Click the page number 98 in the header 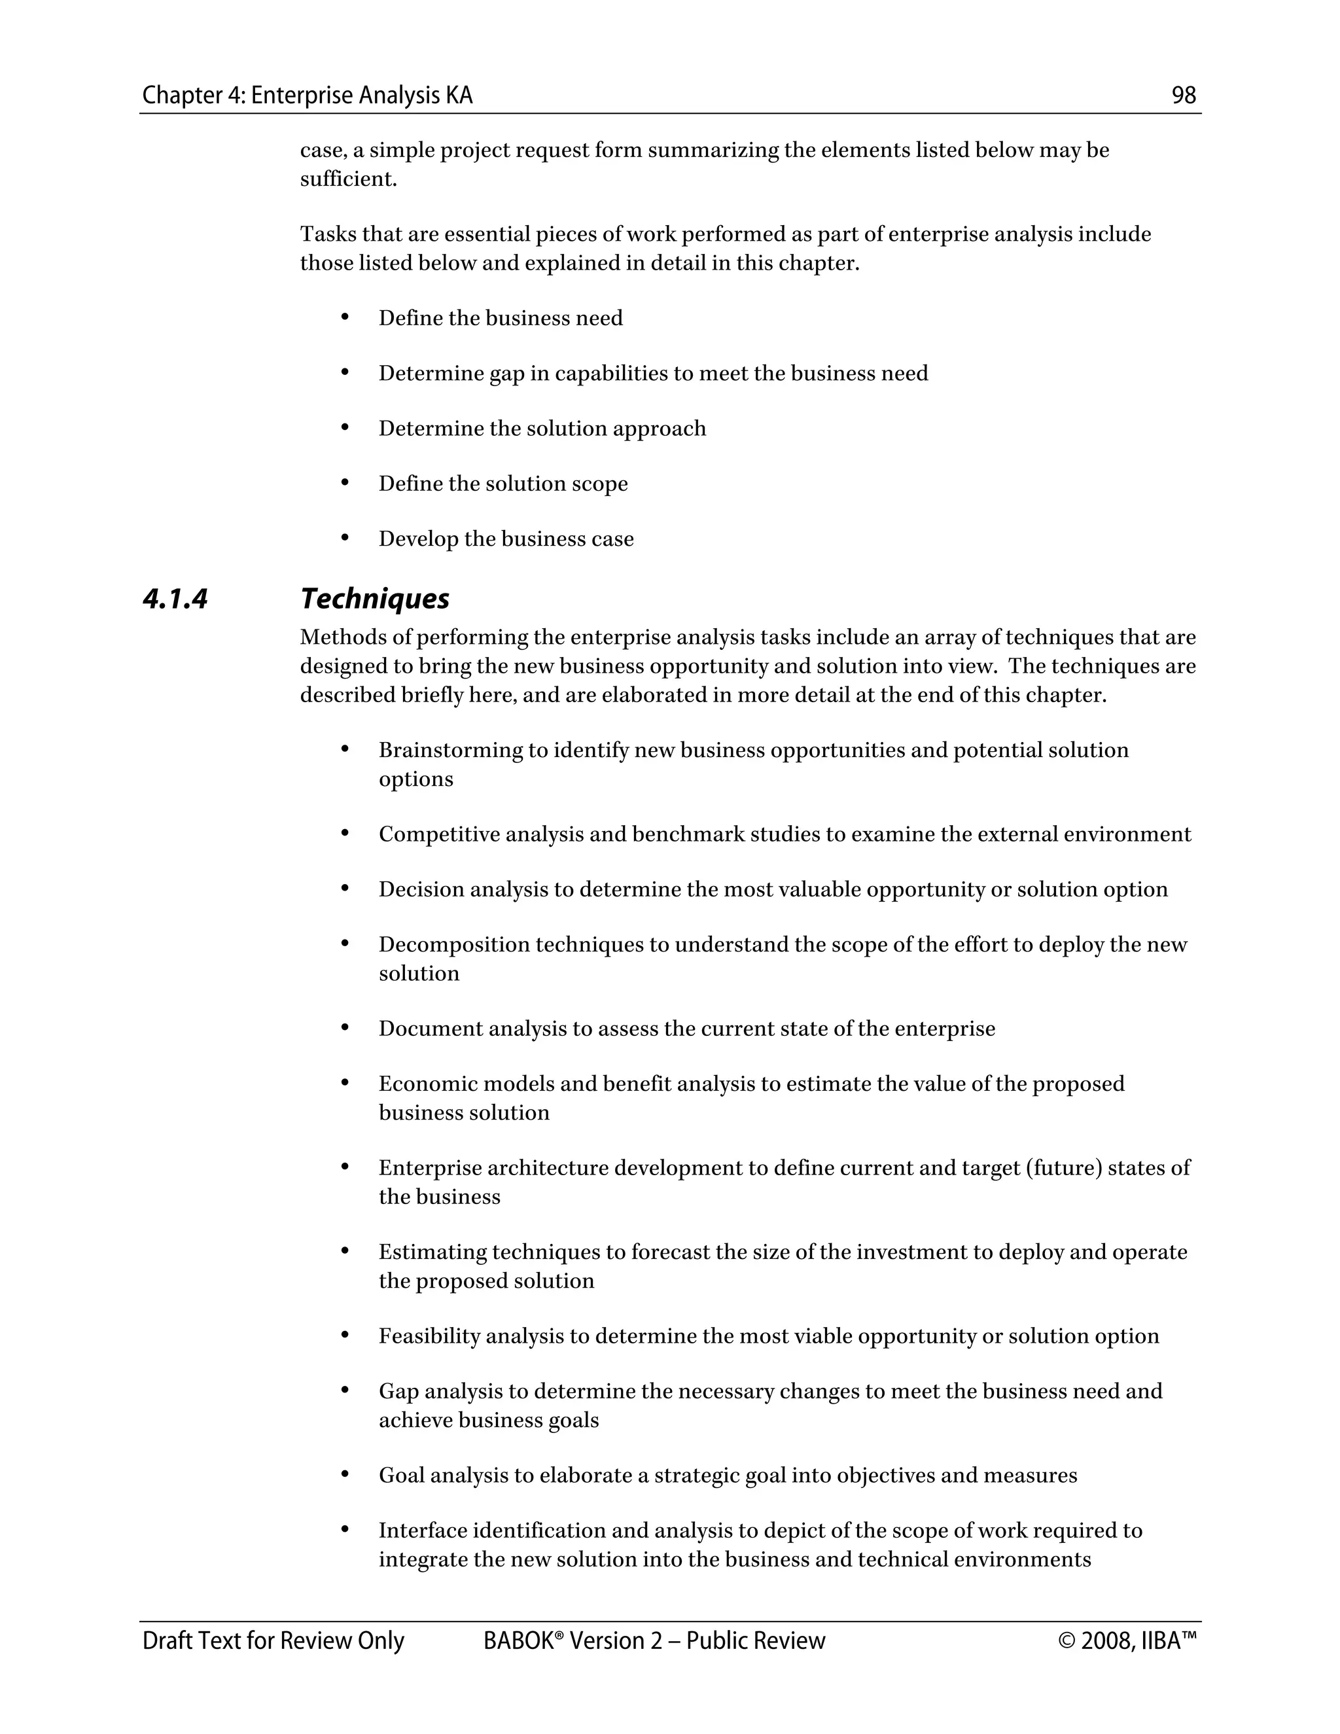tap(1183, 96)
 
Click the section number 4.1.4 tap(175, 599)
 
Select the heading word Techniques tap(375, 599)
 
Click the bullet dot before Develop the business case tap(345, 539)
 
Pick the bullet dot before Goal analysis tap(345, 1474)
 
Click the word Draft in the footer tap(164, 1641)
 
